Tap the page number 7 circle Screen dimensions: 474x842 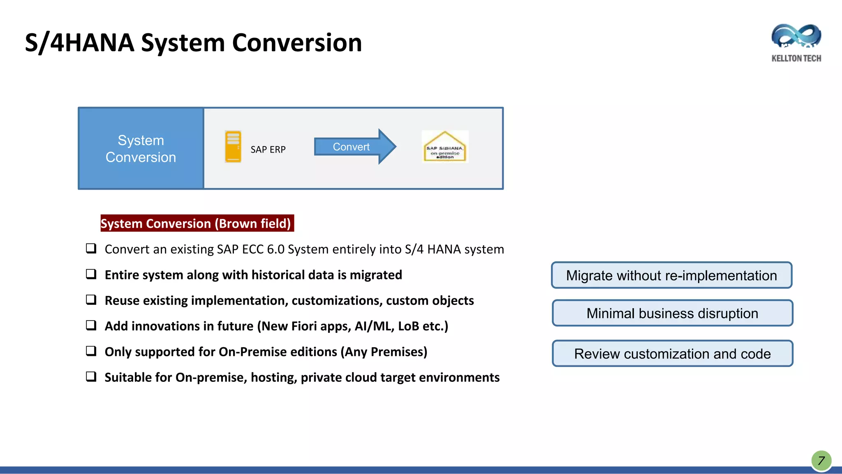click(x=821, y=460)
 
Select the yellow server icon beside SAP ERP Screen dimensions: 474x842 click(x=233, y=147)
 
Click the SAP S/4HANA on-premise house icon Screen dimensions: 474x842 click(x=445, y=147)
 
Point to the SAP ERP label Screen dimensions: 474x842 click(x=268, y=150)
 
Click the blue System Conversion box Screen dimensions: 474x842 click(x=141, y=149)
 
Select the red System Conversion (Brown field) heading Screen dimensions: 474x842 click(x=197, y=223)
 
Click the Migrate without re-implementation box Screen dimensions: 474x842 click(x=671, y=275)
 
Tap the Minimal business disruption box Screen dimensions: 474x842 click(x=672, y=313)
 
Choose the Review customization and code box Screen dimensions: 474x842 click(x=672, y=353)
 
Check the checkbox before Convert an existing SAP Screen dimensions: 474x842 click(x=91, y=248)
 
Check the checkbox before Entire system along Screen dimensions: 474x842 click(x=91, y=274)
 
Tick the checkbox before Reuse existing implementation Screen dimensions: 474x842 click(x=91, y=300)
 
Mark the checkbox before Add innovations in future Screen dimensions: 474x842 click(x=91, y=325)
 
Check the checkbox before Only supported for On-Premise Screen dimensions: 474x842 click(x=91, y=351)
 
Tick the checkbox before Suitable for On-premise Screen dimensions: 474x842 click(x=91, y=376)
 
